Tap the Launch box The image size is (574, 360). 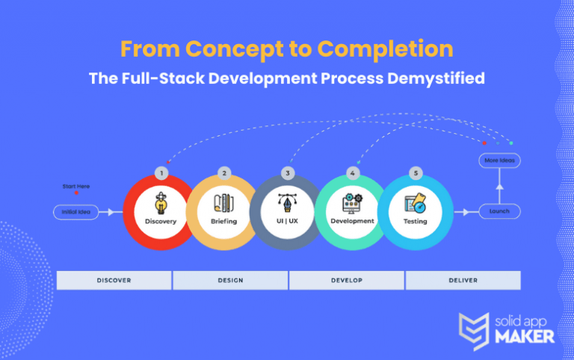[x=499, y=211]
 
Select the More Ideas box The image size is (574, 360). [x=499, y=161]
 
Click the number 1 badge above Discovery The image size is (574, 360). [x=161, y=173]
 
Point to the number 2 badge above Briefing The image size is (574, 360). [x=224, y=173]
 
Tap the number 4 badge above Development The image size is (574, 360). [x=353, y=173]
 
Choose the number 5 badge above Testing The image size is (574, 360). [x=416, y=173]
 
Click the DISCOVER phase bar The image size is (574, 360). [x=114, y=280]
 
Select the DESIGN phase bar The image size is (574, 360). [x=230, y=280]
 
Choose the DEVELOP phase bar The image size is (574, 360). [x=347, y=280]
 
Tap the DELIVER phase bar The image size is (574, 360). [x=463, y=280]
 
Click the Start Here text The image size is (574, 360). [x=76, y=186]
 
